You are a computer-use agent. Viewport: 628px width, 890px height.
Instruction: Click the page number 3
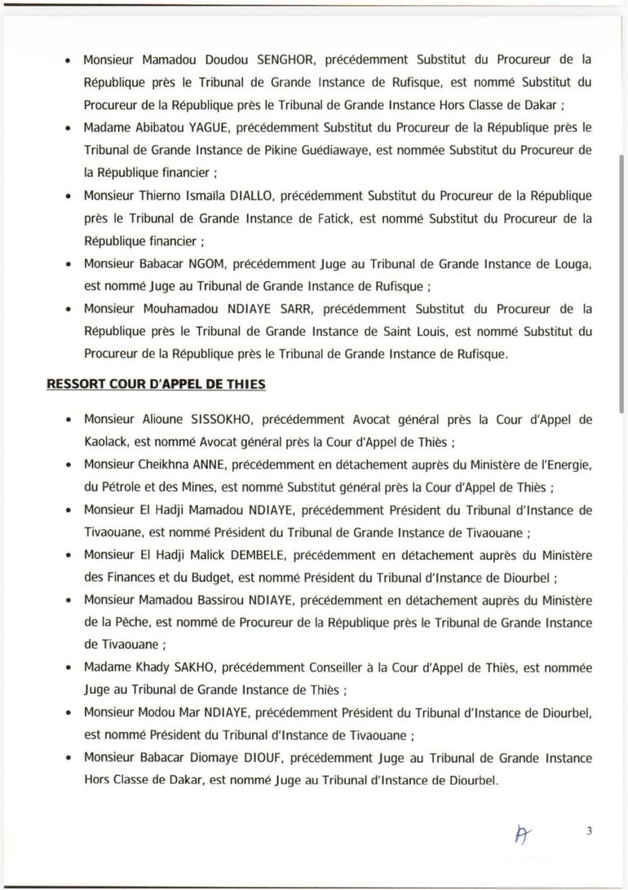(x=588, y=831)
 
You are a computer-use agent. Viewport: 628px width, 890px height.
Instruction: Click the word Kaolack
(x=107, y=443)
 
